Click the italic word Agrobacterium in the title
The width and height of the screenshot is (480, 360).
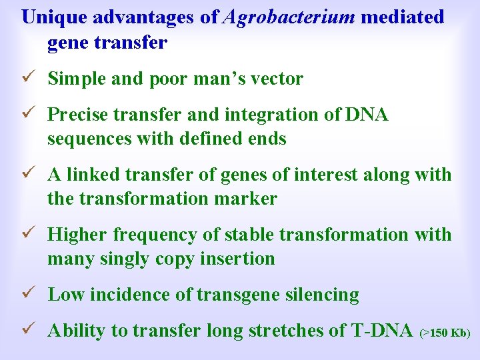(289, 17)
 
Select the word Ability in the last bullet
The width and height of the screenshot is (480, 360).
(74, 331)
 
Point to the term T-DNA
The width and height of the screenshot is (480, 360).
(383, 331)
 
